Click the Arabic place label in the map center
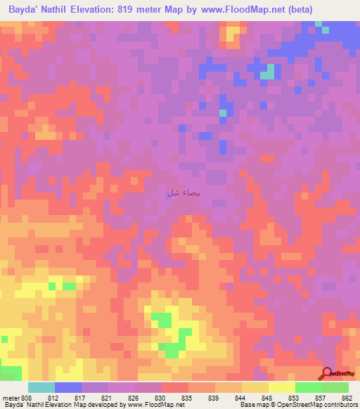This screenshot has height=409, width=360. tap(177, 193)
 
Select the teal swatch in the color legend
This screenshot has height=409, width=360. tap(41, 387)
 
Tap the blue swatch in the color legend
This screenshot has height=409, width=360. tap(68, 387)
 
